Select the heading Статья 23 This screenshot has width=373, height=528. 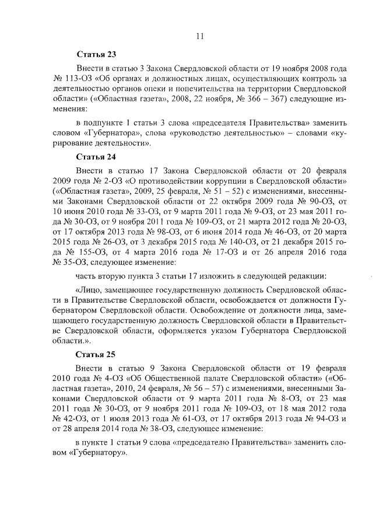click(96, 55)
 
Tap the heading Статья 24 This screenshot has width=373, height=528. click(96, 157)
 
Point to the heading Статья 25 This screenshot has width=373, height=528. click(96, 354)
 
